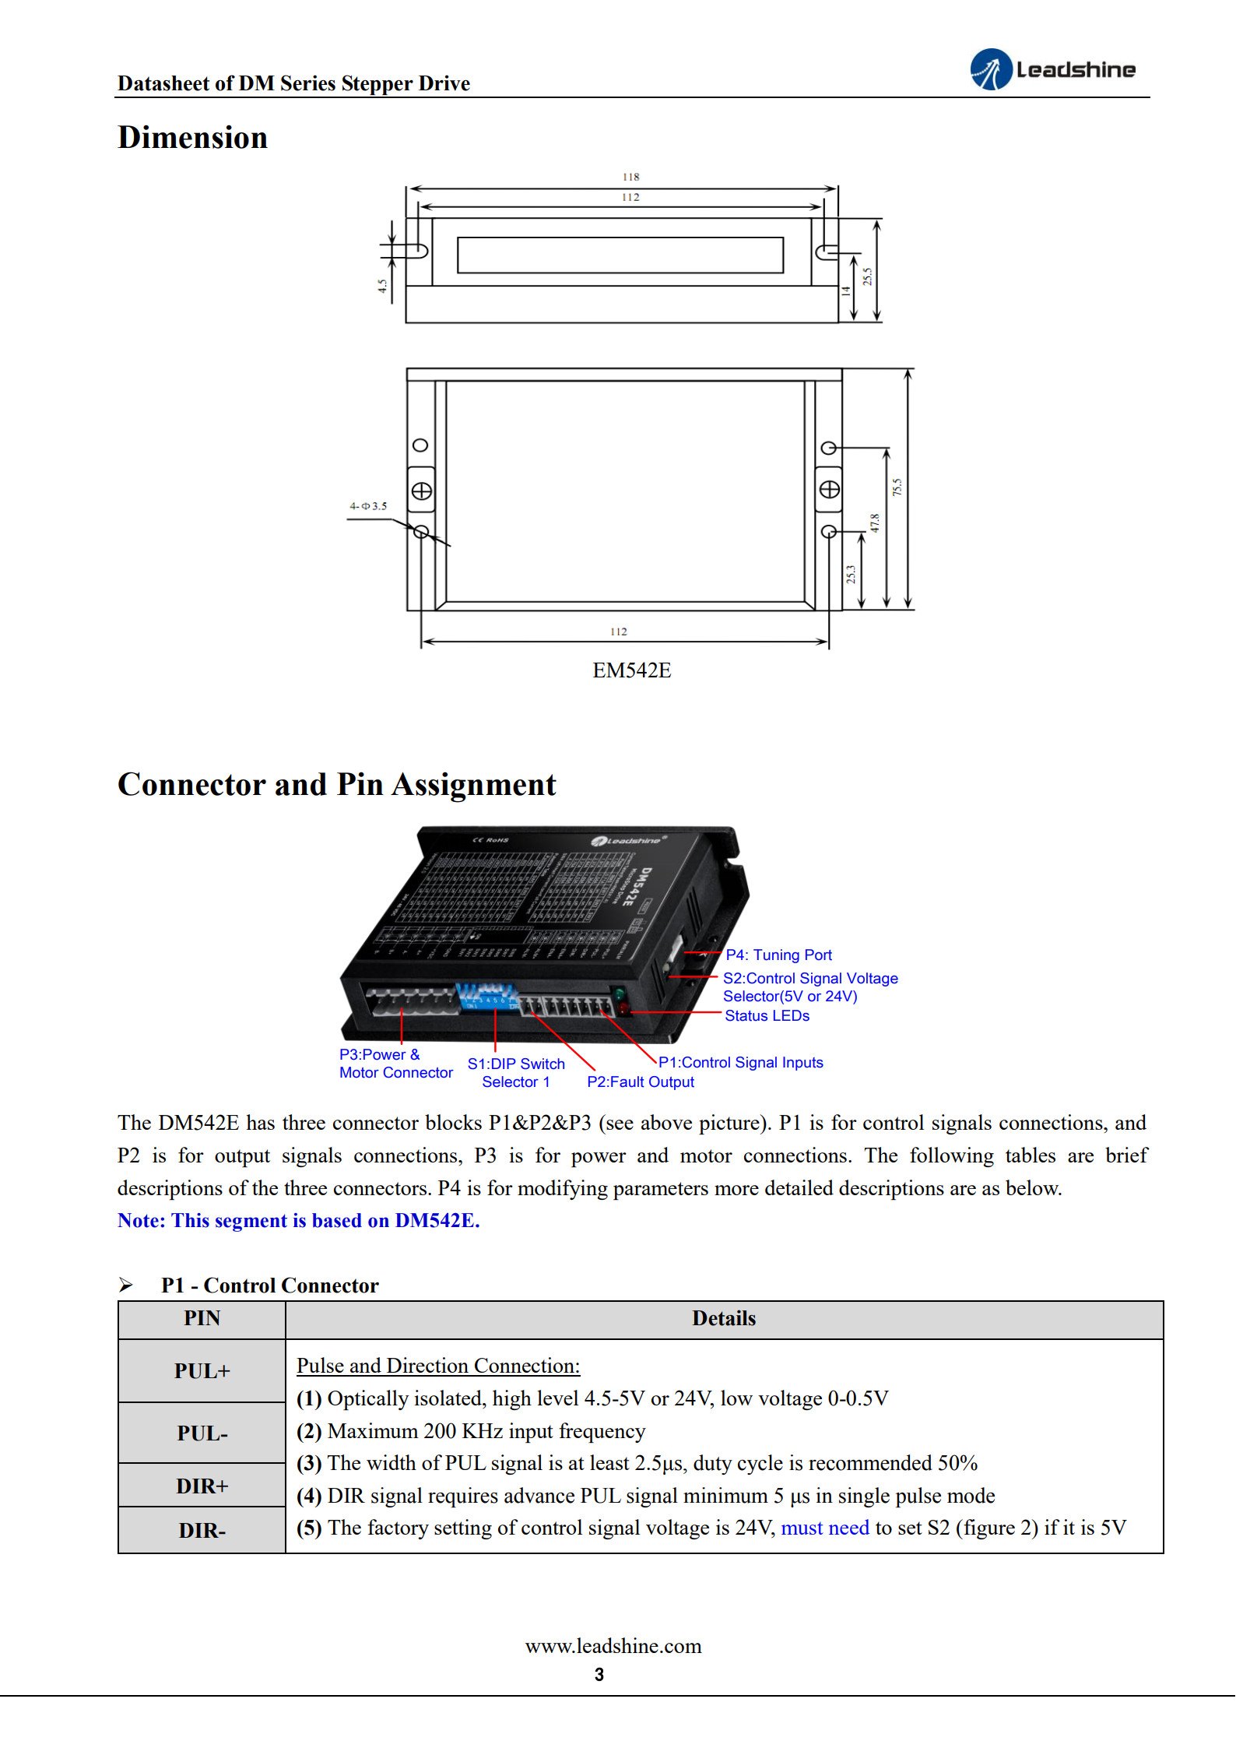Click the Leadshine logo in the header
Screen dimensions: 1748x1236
pyautogui.click(x=1052, y=69)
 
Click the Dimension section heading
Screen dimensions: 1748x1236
pyautogui.click(x=192, y=138)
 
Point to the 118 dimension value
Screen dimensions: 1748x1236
pyautogui.click(x=630, y=177)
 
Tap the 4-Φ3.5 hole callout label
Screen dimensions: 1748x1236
pyautogui.click(x=367, y=506)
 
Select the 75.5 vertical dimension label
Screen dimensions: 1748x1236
pyautogui.click(x=897, y=487)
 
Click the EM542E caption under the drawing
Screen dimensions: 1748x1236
pyautogui.click(x=631, y=670)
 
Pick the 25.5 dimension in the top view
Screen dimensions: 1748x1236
pyautogui.click(x=867, y=276)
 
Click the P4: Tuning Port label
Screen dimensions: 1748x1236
pyautogui.click(x=778, y=955)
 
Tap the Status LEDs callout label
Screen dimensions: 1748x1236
pyautogui.click(x=767, y=1015)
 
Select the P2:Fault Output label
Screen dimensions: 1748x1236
pyautogui.click(x=640, y=1082)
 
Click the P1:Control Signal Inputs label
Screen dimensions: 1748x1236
pyautogui.click(x=740, y=1062)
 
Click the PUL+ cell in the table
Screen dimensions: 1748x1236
pyautogui.click(x=202, y=1371)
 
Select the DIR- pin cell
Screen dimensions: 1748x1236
pyautogui.click(x=202, y=1531)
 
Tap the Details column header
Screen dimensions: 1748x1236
pyautogui.click(x=724, y=1318)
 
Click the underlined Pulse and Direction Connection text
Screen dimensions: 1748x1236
pyautogui.click(x=437, y=1366)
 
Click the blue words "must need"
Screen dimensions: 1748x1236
pyautogui.click(x=824, y=1528)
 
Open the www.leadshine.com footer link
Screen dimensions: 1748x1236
pyautogui.click(x=613, y=1646)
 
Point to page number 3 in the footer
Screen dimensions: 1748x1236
pyautogui.click(x=599, y=1675)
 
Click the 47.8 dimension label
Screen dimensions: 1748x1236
pyautogui.click(x=875, y=522)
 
